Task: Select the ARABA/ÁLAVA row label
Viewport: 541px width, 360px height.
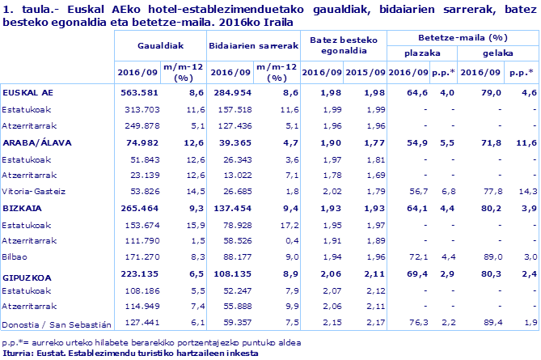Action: (x=36, y=142)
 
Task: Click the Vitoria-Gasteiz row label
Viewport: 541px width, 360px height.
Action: (x=32, y=191)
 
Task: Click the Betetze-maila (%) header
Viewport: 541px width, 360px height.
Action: (x=463, y=38)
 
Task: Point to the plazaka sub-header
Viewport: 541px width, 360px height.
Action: (x=423, y=54)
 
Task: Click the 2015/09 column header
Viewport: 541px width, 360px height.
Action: (x=365, y=72)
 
